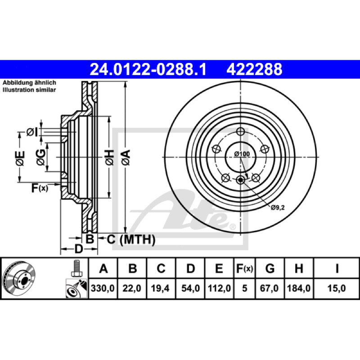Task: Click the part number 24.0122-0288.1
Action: click(148, 69)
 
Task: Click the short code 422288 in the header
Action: click(254, 69)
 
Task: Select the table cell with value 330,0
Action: click(103, 288)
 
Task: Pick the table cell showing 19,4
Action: click(160, 288)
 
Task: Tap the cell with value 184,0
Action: click(299, 288)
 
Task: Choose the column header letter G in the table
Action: click(270, 268)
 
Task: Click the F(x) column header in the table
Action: click(244, 268)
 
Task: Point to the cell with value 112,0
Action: click(219, 288)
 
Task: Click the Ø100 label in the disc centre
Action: click(242, 154)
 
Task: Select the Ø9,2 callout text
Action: click(278, 207)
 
